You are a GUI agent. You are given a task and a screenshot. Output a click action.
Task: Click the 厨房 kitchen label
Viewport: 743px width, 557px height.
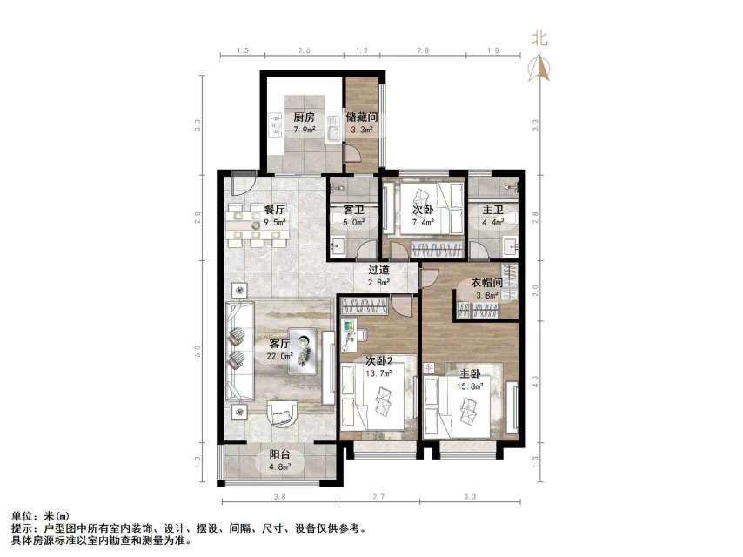point(304,117)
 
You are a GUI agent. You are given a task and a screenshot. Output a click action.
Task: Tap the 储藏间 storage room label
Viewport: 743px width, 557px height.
point(360,117)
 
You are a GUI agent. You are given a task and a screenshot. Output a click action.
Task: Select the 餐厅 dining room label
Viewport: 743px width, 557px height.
point(275,210)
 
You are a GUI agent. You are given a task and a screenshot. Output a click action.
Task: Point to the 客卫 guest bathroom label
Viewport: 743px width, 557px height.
point(342,210)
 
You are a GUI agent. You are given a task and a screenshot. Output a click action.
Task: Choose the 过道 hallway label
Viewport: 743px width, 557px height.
point(378,271)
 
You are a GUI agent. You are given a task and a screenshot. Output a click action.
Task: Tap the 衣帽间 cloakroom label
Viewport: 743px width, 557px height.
point(488,282)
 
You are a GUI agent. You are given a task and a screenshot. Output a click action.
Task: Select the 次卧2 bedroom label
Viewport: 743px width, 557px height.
point(378,360)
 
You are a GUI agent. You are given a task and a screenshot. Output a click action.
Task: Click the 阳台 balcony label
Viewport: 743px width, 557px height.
point(280,453)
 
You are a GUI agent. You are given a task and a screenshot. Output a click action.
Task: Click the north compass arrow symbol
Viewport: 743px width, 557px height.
point(541,67)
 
